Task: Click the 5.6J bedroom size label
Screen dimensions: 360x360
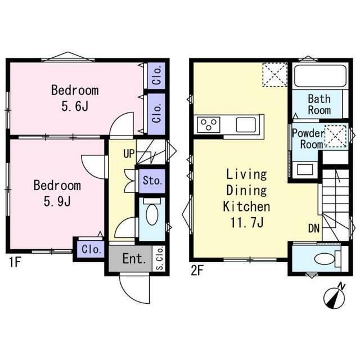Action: (x=75, y=106)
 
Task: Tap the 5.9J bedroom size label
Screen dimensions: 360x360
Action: (x=57, y=201)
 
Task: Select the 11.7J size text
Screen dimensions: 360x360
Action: (x=247, y=222)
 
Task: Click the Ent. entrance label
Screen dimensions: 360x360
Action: (x=134, y=259)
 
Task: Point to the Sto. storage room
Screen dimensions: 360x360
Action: (x=152, y=181)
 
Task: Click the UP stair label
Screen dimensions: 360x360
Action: (x=129, y=154)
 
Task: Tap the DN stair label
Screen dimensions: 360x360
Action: (x=314, y=228)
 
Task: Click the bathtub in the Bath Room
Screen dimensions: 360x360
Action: (x=320, y=76)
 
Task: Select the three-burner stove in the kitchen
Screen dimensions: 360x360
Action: (x=209, y=125)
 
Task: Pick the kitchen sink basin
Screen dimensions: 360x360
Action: (x=246, y=125)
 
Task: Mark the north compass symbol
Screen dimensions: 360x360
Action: (x=335, y=298)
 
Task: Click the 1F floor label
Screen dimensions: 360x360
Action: (x=15, y=262)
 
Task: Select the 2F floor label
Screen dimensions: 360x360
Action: (x=197, y=271)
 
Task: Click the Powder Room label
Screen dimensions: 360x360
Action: (x=309, y=139)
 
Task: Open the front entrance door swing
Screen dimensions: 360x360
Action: (x=134, y=289)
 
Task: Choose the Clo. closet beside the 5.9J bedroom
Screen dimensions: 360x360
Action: (x=91, y=249)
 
